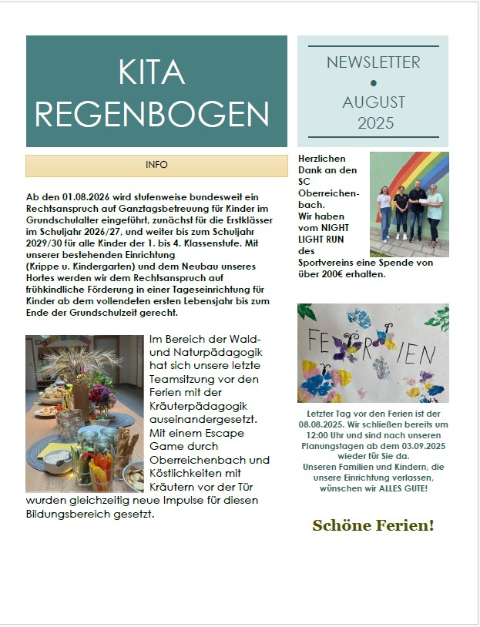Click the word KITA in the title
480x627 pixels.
(152, 72)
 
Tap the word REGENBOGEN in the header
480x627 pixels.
(152, 113)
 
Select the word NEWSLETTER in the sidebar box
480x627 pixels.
(373, 62)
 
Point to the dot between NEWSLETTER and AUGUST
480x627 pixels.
(374, 82)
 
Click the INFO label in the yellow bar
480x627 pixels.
(156, 165)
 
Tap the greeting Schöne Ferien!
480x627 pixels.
(373, 526)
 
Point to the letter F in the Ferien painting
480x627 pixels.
(313, 340)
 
